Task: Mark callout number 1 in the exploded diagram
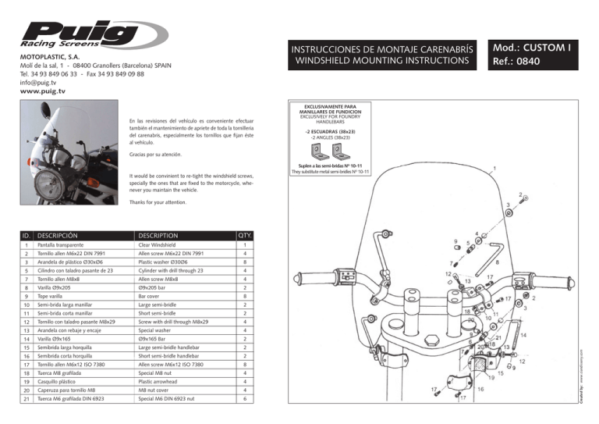(497, 167)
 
